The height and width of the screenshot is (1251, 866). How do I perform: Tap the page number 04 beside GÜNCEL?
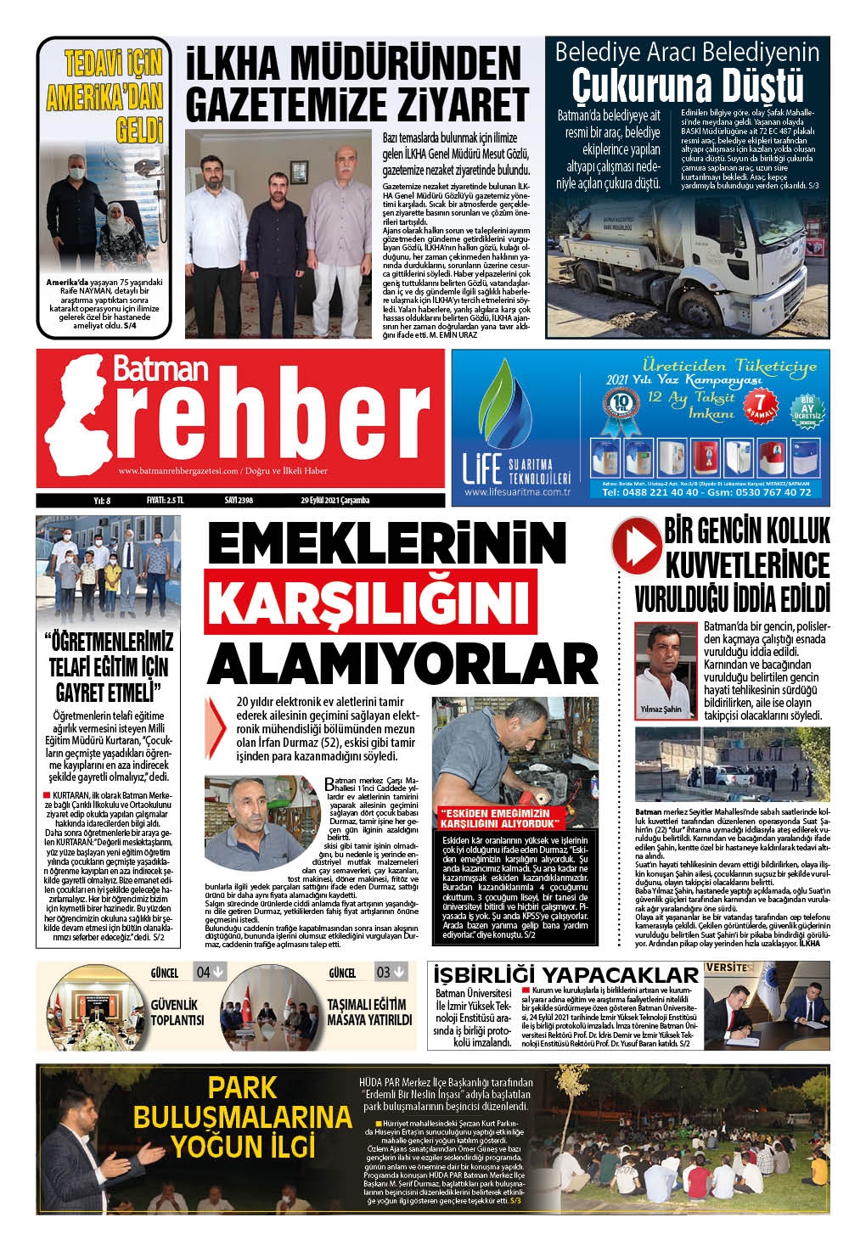pos(209,972)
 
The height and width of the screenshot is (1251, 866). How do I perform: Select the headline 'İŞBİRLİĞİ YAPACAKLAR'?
pos(566,975)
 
